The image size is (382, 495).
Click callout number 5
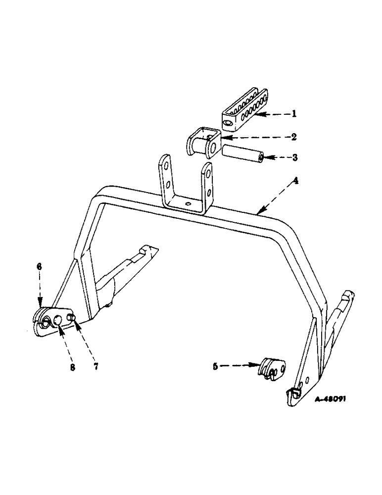click(215, 366)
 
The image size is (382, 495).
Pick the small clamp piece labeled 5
click(272, 369)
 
